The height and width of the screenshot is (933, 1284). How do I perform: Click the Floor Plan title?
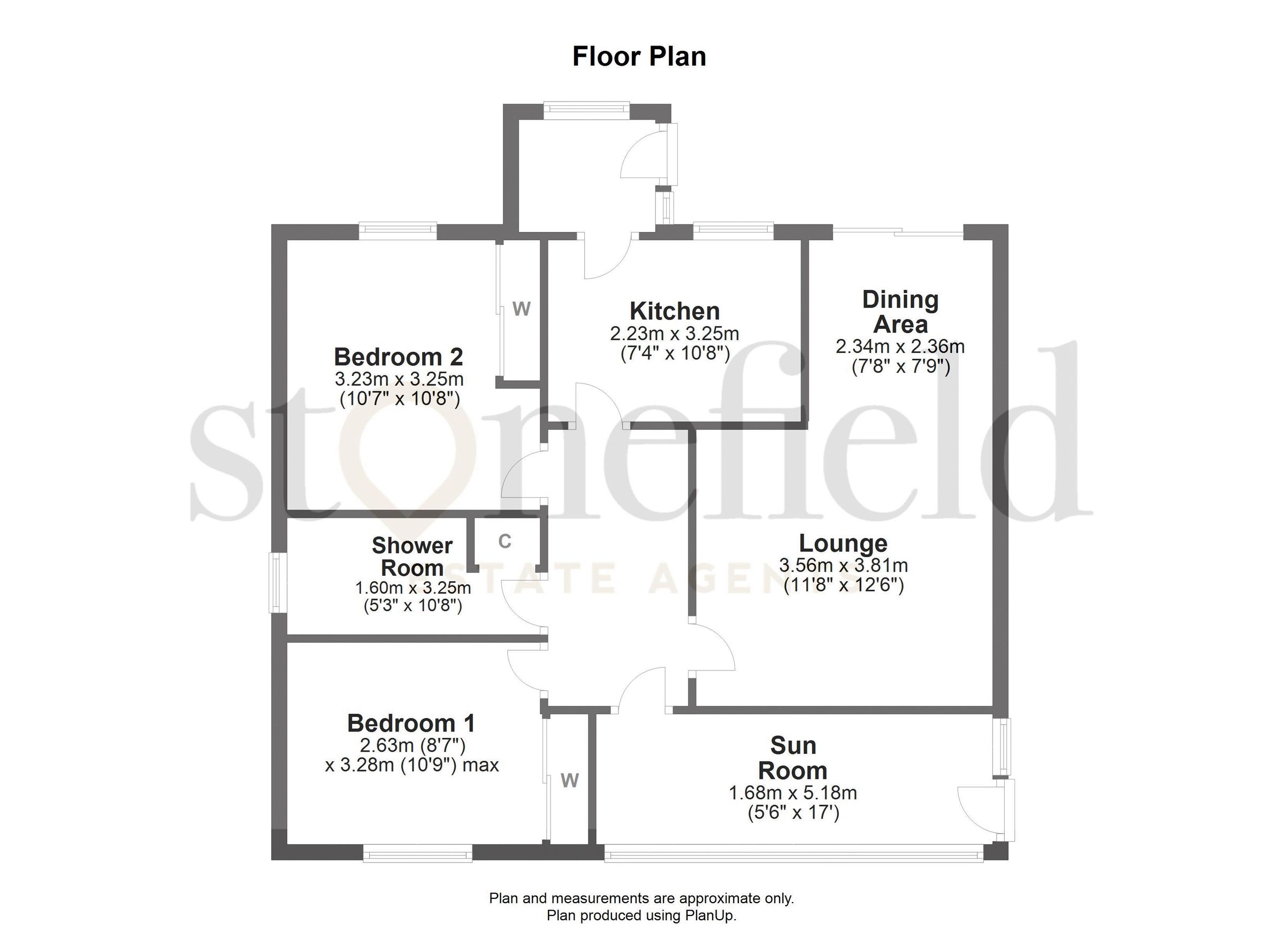click(639, 57)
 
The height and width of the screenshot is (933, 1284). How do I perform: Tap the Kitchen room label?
click(674, 311)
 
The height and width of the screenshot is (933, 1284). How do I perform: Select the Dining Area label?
click(900, 312)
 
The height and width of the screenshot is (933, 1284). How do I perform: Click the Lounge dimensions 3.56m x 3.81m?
click(843, 565)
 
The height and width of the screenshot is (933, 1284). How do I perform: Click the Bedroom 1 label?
click(411, 723)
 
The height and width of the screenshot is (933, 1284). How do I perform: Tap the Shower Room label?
click(411, 556)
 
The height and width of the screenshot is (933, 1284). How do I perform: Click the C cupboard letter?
click(505, 542)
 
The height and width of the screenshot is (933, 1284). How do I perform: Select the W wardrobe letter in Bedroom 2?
click(522, 309)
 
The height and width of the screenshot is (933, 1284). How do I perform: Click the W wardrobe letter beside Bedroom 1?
click(570, 781)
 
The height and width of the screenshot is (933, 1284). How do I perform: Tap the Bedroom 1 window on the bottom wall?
click(417, 853)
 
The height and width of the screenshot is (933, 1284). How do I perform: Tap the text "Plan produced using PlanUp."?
click(641, 915)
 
